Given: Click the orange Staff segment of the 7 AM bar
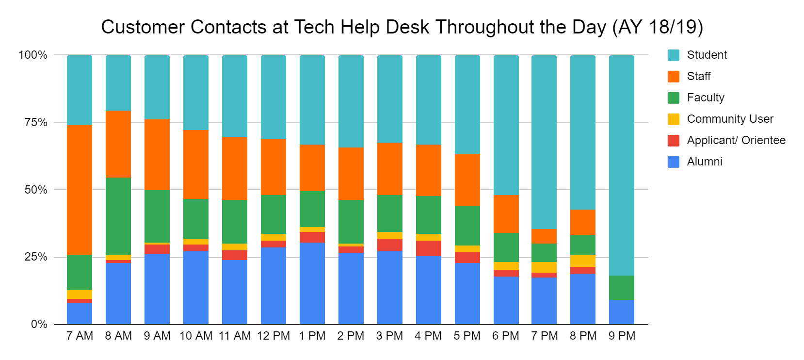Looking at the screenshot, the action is (80, 190).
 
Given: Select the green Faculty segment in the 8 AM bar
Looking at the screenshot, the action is (118, 216).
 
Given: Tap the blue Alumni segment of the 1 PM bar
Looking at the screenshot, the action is (312, 283).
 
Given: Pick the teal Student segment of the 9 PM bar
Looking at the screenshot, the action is (622, 165).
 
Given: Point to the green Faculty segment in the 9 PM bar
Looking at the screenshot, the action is (622, 288).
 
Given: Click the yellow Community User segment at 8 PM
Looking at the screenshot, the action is (583, 261).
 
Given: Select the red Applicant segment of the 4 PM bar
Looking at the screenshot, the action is (429, 248).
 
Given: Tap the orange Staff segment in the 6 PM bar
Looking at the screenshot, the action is (506, 214).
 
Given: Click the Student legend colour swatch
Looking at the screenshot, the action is (674, 55).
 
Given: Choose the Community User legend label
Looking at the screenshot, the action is (730, 119).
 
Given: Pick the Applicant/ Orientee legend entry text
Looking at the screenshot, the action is (736, 140).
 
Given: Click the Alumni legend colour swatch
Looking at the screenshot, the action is (674, 162).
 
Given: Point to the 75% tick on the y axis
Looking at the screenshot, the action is (36, 123).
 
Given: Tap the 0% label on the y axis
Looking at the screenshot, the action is (39, 324).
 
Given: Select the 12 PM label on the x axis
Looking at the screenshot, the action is (273, 336).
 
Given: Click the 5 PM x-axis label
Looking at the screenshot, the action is (467, 336).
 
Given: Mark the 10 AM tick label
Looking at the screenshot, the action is (196, 336).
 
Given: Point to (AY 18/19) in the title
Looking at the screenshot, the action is (658, 27).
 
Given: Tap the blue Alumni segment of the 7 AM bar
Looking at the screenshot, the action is (80, 313).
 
